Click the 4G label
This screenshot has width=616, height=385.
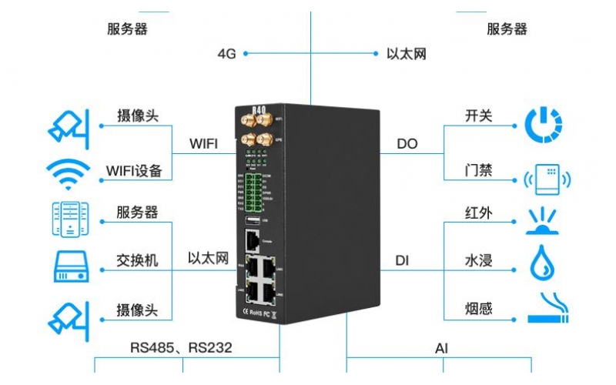point(226,54)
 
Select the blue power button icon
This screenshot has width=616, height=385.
point(543,126)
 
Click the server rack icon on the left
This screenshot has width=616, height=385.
point(70,219)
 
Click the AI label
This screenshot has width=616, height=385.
point(441,348)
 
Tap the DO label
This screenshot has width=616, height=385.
point(407,144)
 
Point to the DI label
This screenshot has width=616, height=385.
point(402,260)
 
